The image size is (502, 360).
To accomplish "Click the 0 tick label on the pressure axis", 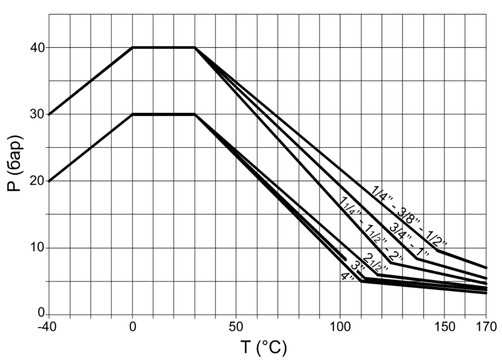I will (41, 313).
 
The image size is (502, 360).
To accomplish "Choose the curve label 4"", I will (347, 276).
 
